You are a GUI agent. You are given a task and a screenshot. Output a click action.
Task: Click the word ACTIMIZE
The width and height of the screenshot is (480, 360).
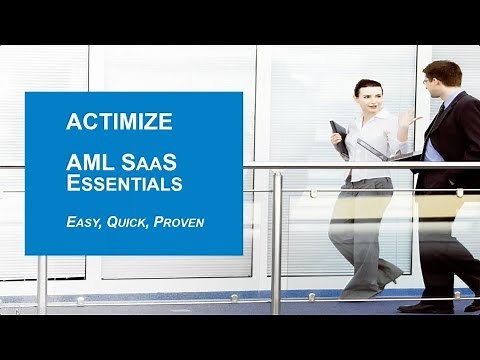coord(119,122)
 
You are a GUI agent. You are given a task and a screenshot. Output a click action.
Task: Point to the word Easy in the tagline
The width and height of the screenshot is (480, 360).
coord(84,221)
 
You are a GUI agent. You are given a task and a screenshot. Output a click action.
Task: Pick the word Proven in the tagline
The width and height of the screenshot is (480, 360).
coord(178,221)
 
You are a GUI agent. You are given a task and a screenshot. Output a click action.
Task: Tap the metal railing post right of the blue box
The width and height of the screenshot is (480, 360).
coord(276,240)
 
